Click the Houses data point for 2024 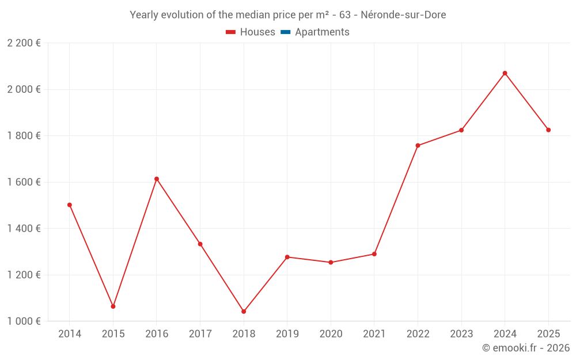tap(505, 73)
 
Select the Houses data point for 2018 tap(244, 312)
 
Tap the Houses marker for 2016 tap(157, 179)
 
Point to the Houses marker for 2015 tap(113, 306)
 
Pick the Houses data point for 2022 tap(418, 146)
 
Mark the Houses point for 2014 tap(70, 205)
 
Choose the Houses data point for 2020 tap(331, 263)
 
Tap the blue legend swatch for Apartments tap(285, 32)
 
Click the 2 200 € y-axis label tap(24, 43)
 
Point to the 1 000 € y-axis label tap(24, 321)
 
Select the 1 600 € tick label tap(24, 182)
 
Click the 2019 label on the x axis tap(287, 334)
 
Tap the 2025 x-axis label tap(548, 334)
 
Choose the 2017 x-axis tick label tap(200, 334)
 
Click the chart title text tap(287, 15)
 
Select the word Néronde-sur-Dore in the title tap(403, 15)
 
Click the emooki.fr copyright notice tap(525, 348)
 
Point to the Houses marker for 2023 tap(461, 130)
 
